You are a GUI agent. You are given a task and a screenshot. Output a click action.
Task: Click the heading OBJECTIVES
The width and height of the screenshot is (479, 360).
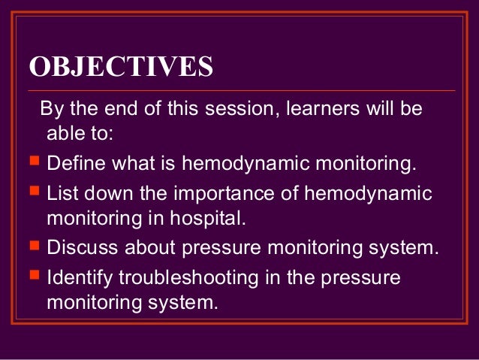[x=121, y=66]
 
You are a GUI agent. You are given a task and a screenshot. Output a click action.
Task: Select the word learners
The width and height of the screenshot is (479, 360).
[x=323, y=108]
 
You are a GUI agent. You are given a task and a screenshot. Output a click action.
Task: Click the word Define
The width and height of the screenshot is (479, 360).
[x=77, y=162]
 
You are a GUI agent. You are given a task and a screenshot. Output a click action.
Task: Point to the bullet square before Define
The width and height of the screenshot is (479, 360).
[x=35, y=160]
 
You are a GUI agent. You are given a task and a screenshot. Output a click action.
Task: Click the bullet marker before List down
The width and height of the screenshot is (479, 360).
[x=35, y=190]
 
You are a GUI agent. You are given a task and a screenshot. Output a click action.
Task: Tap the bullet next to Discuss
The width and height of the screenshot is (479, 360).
[x=35, y=245]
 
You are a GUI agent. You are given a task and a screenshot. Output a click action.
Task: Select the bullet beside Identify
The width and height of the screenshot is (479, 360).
[x=35, y=274]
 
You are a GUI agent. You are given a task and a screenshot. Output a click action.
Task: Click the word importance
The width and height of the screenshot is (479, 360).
[x=224, y=194]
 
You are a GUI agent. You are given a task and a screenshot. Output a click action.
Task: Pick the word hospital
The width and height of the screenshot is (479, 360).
[x=208, y=219]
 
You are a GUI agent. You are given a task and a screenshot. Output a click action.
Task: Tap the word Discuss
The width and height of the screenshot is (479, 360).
[x=82, y=247]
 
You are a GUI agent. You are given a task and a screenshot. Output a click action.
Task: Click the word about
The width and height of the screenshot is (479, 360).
[x=149, y=247]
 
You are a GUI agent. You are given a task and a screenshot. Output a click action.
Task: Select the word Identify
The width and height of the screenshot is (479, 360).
[x=80, y=278]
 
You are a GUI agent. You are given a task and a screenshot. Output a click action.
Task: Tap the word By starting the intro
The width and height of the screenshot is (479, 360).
[x=51, y=109]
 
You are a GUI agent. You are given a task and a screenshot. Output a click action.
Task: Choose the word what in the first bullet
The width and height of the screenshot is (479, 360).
[x=134, y=162]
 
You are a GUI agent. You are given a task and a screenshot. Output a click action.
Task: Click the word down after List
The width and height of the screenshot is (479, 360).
[x=108, y=193]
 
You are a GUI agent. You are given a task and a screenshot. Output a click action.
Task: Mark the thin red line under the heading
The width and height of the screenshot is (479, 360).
[x=241, y=91]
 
